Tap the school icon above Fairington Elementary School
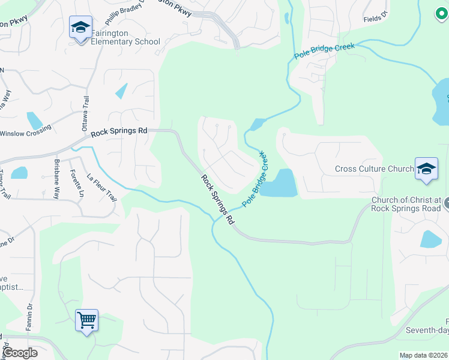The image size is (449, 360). coord(80,28)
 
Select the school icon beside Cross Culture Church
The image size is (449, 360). coord(426,169)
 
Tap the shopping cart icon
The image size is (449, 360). coord(86,320)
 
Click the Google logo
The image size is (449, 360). coord(20,353)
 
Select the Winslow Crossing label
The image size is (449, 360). coord(25,133)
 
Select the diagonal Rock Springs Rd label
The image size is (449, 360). coord(217,199)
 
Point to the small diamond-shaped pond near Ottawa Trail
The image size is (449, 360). coord(122,91)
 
